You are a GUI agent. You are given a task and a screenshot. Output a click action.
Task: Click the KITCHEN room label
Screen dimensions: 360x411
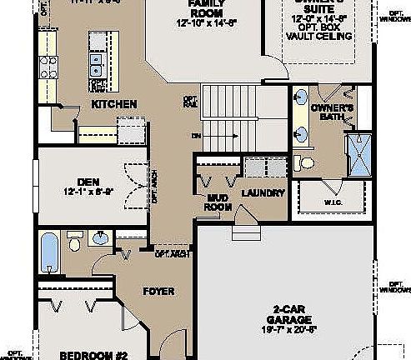coord(114,105)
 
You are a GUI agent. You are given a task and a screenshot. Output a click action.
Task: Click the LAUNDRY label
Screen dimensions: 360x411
coord(263,193)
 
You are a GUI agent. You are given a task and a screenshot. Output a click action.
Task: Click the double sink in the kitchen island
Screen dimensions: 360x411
coord(97,59)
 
